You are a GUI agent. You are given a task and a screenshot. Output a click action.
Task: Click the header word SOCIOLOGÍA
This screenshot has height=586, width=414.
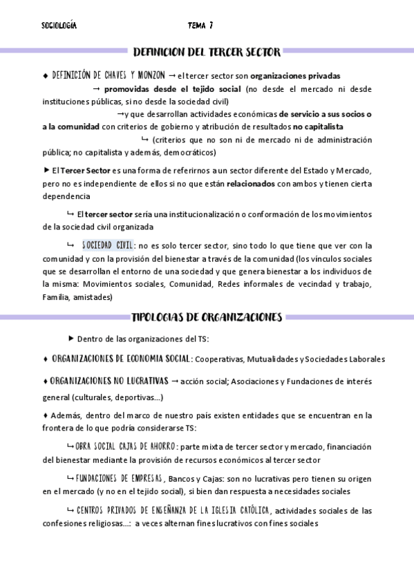(59, 26)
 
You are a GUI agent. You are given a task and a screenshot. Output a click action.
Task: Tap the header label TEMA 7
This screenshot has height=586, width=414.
(200, 26)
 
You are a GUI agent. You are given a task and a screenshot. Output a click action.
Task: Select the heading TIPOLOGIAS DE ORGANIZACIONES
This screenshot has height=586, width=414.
(207, 318)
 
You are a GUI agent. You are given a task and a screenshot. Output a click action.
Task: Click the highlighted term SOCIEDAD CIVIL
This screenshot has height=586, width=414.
(108, 245)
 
